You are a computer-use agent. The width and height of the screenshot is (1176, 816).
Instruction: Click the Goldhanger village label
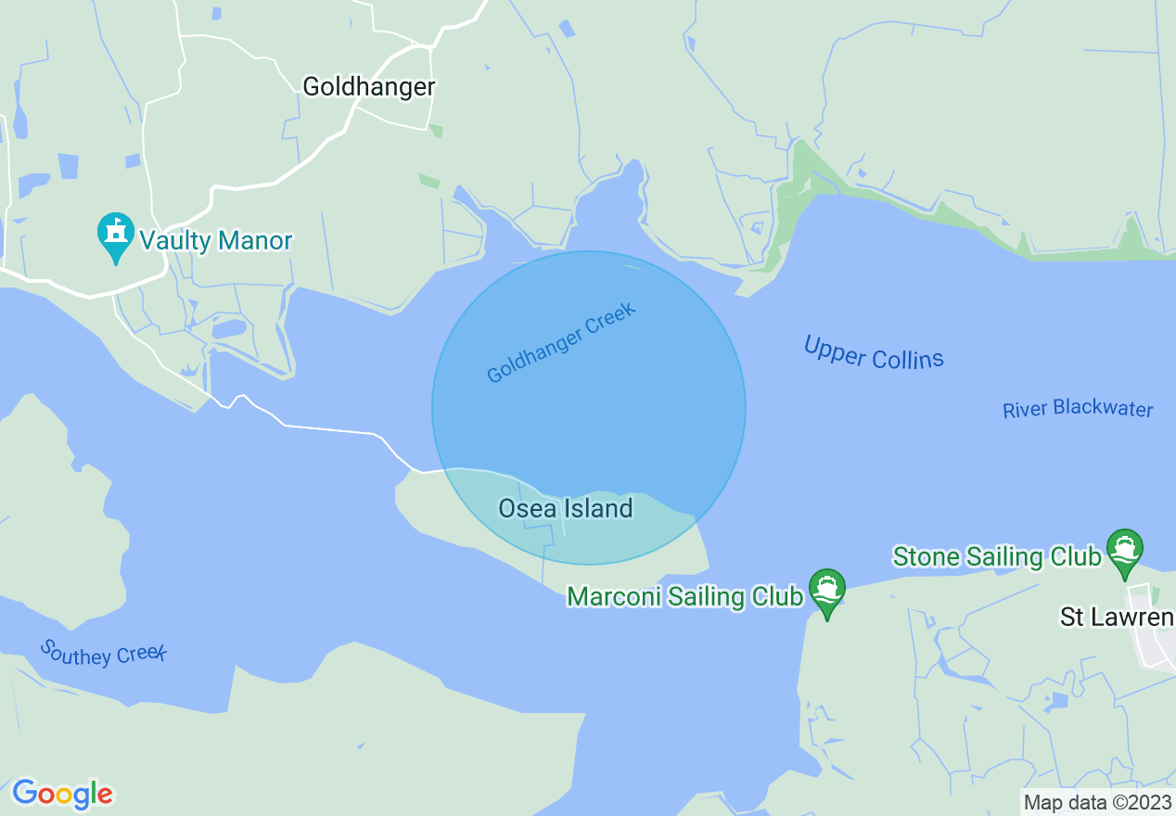pos(369,87)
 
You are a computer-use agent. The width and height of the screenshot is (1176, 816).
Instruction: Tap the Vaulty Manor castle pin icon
pos(116,236)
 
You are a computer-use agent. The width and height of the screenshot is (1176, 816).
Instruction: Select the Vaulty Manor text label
pos(216,241)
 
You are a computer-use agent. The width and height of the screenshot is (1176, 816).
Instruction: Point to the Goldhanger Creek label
pos(562,342)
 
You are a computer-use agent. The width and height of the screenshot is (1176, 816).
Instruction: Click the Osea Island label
pos(565,508)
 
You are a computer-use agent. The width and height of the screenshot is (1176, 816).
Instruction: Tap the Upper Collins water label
pos(874,353)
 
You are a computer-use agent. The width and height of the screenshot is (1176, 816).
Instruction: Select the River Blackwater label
pos(1078,410)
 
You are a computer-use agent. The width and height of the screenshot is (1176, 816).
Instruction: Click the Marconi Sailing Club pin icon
pos(826,591)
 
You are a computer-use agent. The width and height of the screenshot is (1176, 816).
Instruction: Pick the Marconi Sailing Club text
pos(684,596)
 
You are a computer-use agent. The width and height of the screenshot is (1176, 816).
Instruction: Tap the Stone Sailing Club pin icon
pos(1125,551)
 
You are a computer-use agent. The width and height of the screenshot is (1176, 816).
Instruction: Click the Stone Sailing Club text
pos(996,556)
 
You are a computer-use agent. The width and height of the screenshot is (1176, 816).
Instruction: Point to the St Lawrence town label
pos(1117,618)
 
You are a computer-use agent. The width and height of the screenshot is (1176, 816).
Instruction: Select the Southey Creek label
pos(103,653)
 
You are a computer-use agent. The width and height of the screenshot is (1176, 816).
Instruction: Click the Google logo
pos(62,794)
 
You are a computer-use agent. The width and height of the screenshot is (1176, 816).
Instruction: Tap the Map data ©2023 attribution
pos(1097,802)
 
